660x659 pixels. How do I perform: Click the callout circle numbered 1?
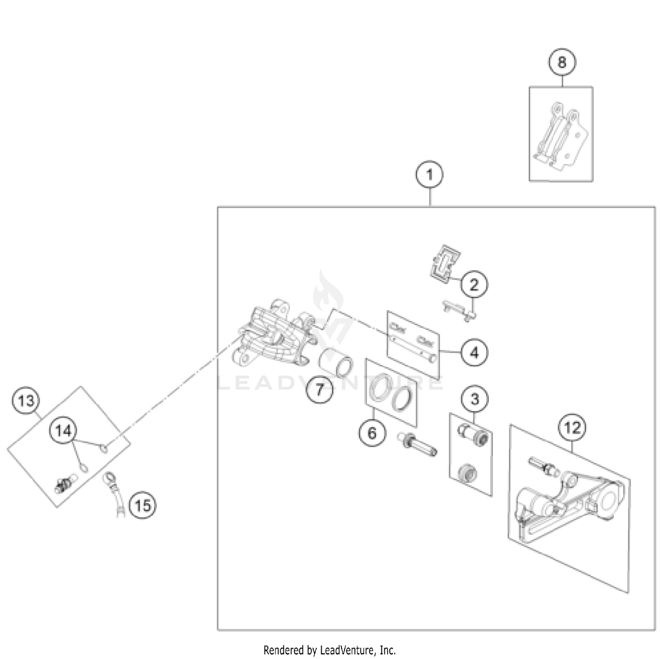tap(429, 175)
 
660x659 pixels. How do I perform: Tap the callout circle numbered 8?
tap(562, 62)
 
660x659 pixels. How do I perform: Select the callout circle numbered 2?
tap(474, 284)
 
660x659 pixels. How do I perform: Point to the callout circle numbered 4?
tap(474, 353)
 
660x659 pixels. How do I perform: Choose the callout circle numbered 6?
tap(372, 433)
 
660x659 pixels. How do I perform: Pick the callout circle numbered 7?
tap(320, 389)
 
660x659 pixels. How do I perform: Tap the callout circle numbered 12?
tap(572, 427)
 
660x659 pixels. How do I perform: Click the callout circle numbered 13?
tap(26, 401)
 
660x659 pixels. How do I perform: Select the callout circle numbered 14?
tap(63, 431)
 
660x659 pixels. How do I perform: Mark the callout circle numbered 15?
tap(143, 505)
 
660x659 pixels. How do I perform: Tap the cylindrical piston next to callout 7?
tap(336, 362)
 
